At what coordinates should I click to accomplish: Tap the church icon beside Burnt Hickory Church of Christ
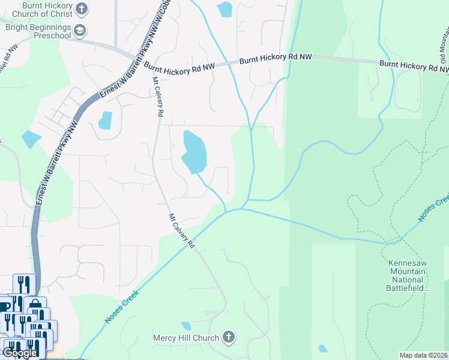(x=83, y=8)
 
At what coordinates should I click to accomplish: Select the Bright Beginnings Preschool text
(x=38, y=31)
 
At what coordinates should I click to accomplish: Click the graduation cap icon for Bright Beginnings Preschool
(x=79, y=31)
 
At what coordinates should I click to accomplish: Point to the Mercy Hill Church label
(x=185, y=338)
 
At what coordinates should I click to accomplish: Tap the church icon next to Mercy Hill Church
(x=228, y=337)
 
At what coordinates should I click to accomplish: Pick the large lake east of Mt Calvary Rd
(x=194, y=151)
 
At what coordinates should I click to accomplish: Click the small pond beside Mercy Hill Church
(x=186, y=326)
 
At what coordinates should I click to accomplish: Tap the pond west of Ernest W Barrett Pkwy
(x=30, y=139)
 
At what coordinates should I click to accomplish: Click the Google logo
(x=20, y=353)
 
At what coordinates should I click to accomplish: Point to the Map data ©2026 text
(x=424, y=355)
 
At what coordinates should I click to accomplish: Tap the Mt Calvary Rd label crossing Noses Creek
(x=182, y=231)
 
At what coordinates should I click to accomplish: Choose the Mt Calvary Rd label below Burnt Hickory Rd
(x=158, y=97)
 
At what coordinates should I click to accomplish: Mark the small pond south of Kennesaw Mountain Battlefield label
(x=323, y=349)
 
